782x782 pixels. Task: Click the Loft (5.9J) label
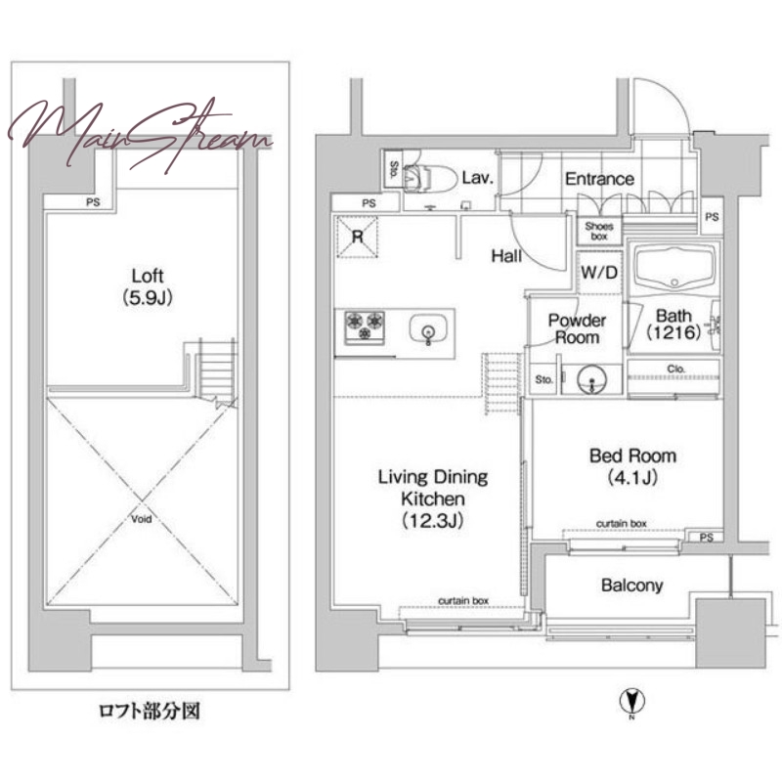click(148, 286)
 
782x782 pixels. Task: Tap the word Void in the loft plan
click(141, 519)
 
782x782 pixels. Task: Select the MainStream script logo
click(140, 135)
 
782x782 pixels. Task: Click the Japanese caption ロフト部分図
click(150, 711)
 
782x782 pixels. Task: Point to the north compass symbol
click(631, 702)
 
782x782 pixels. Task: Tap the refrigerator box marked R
click(357, 237)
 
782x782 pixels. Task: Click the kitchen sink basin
click(428, 329)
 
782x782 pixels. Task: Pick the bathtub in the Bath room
click(673, 268)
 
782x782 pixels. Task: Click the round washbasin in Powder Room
click(592, 380)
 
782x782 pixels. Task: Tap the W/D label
click(599, 273)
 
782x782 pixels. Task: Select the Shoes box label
click(599, 231)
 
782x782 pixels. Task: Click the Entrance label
click(599, 179)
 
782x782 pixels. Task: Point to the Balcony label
click(631, 585)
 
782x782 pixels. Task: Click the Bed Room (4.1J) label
click(632, 466)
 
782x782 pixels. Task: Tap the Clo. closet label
click(675, 369)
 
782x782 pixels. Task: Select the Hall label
click(506, 256)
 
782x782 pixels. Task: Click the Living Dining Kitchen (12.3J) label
click(433, 499)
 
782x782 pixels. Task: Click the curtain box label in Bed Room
click(622, 524)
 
